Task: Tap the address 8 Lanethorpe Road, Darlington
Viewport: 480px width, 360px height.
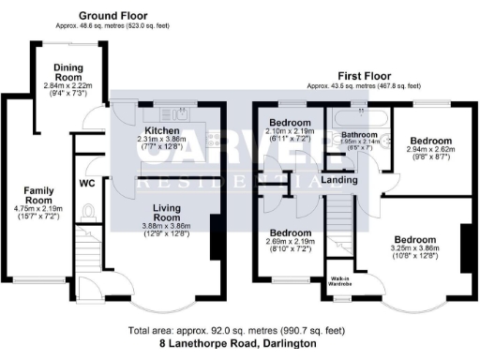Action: coord(238,344)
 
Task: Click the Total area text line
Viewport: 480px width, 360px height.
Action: coord(238,331)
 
